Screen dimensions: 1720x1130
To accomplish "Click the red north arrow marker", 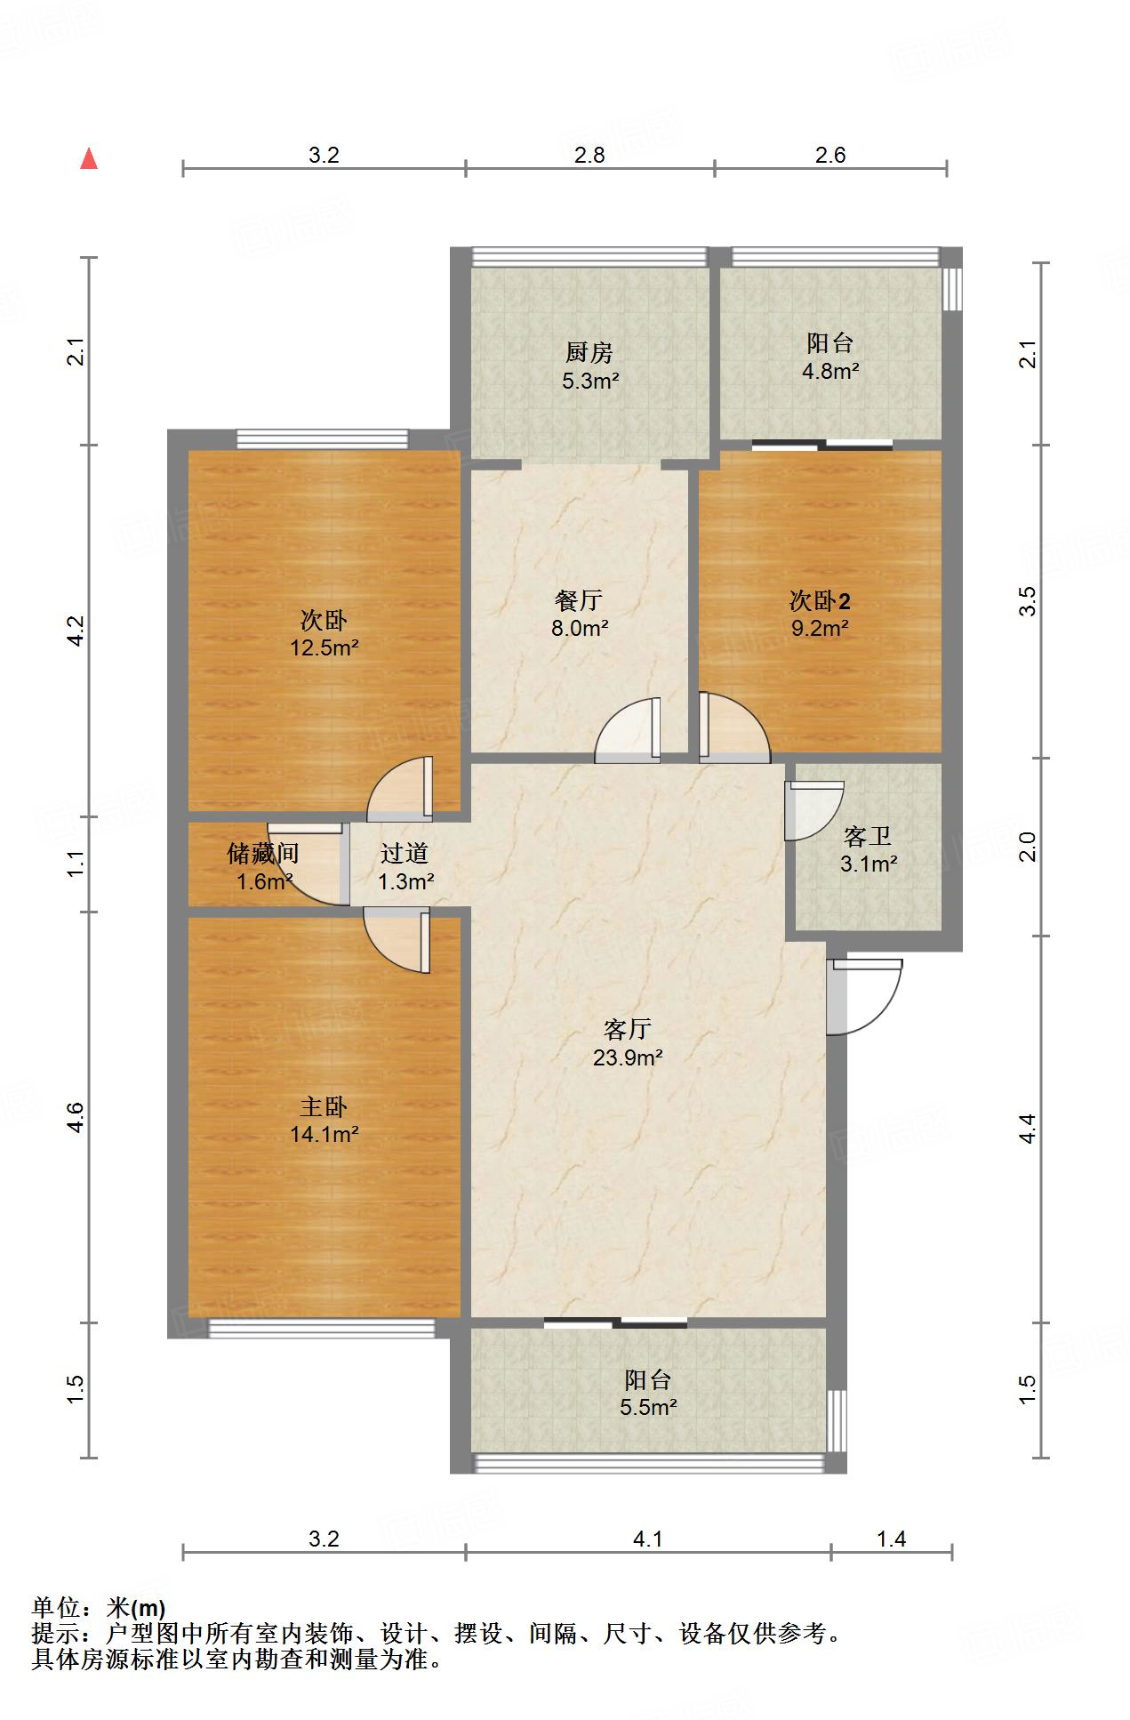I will [x=89, y=159].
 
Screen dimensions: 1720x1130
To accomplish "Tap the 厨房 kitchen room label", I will [x=589, y=353].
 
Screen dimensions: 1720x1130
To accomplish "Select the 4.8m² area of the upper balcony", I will [x=830, y=371].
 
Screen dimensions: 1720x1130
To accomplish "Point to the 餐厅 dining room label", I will [x=579, y=600].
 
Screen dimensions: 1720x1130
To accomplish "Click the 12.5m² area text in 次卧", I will [x=324, y=647].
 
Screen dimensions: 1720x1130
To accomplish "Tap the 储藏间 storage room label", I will [x=262, y=854].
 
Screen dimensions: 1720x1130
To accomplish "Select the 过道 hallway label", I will [x=405, y=854].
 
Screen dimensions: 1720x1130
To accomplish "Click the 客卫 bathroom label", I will [x=867, y=836].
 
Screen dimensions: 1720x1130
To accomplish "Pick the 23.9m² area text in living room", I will [x=628, y=1057].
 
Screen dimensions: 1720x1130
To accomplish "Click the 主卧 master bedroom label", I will [x=324, y=1106].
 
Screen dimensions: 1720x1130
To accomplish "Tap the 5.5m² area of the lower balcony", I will [x=648, y=1407].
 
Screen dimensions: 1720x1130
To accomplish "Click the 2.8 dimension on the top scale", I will [x=589, y=156].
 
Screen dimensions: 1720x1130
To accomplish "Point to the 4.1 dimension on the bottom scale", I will [x=648, y=1539].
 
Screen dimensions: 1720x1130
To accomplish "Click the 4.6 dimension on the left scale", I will [x=76, y=1117].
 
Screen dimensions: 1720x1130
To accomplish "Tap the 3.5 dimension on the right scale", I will [x=1028, y=602].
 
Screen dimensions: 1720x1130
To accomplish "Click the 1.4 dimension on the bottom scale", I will [x=891, y=1539].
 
